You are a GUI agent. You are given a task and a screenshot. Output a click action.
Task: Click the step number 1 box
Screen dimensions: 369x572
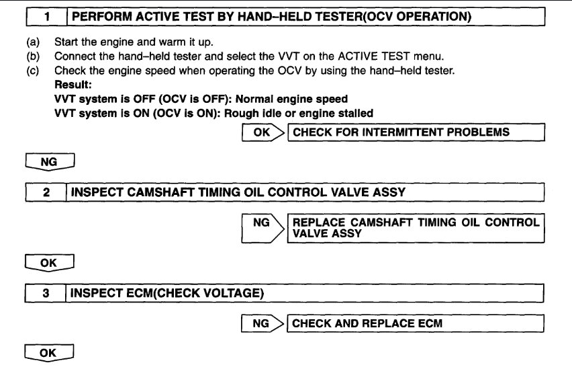[46, 14]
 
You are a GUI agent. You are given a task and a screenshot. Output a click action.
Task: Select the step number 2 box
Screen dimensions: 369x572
[46, 192]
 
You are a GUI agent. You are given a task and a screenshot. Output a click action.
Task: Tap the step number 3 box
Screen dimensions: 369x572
[46, 293]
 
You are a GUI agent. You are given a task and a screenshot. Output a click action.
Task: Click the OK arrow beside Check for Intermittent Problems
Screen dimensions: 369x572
[262, 132]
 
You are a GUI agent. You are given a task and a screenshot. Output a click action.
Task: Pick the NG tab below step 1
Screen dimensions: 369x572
[48, 162]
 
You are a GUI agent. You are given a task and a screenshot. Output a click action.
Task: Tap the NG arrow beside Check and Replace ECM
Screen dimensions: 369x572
[262, 324]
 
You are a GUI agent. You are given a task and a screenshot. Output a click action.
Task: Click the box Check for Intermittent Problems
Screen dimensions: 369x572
[414, 132]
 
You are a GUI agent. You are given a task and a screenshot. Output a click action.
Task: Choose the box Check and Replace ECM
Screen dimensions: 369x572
[414, 324]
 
